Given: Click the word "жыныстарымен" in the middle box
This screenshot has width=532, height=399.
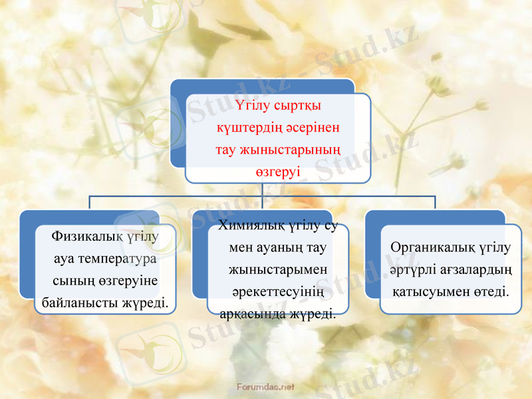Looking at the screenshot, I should [277, 271].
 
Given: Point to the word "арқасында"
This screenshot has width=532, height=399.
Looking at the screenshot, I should [249, 313].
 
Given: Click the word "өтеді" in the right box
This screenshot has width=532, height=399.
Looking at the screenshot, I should [490, 291].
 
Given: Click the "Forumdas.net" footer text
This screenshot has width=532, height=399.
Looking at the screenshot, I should [266, 386].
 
